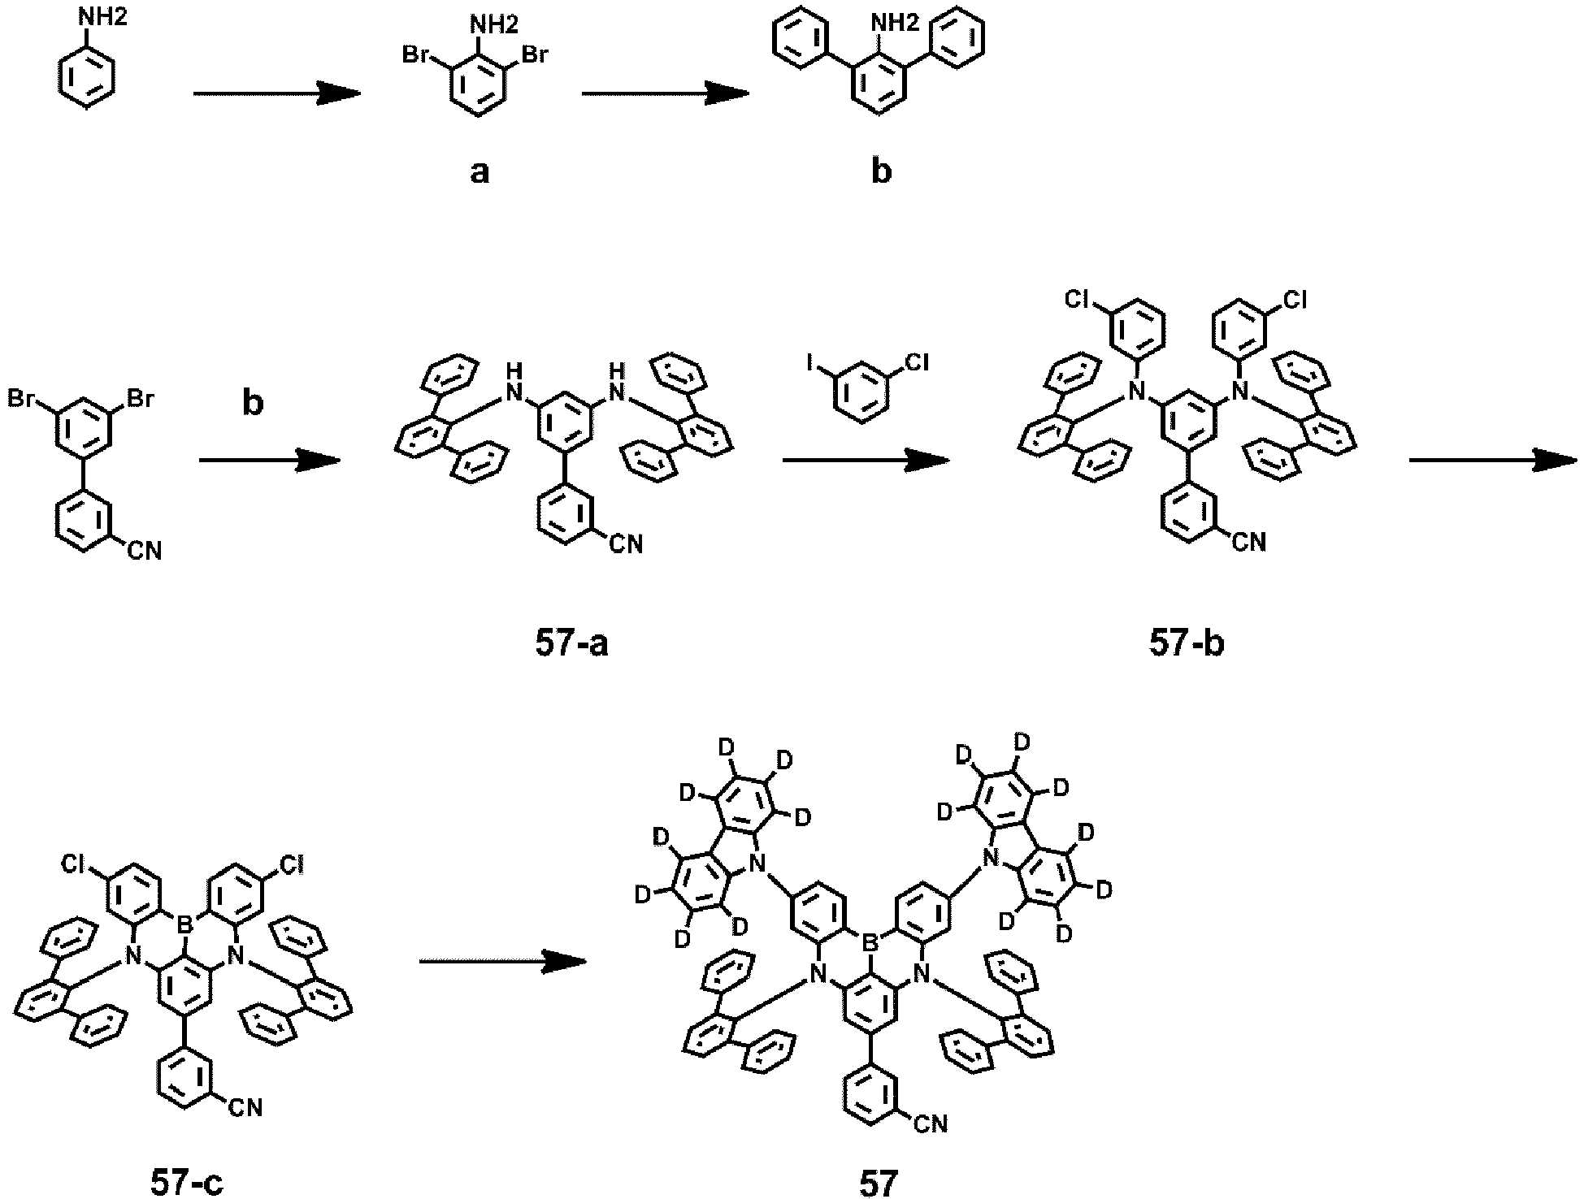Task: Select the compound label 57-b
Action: click(x=1187, y=644)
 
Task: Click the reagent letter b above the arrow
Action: click(x=254, y=403)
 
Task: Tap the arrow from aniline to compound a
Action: click(x=276, y=93)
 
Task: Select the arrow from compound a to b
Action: click(x=665, y=93)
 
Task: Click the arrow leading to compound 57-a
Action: click(x=269, y=460)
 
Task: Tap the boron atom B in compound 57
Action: click(x=870, y=943)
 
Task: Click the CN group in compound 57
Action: click(x=930, y=1124)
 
